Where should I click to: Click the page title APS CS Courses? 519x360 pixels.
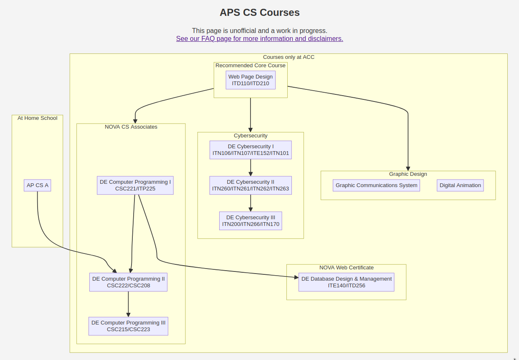coord(259,13)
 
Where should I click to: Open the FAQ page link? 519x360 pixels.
coord(259,39)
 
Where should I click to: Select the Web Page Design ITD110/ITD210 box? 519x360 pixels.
coord(251,80)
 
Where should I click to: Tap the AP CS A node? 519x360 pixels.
coord(38,185)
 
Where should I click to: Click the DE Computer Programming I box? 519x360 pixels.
coord(135,185)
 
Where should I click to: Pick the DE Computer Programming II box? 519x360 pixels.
coord(128,282)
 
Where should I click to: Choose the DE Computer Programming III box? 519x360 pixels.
coord(128,326)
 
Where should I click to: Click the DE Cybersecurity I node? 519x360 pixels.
coord(251,150)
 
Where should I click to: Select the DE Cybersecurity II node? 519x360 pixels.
coord(251,185)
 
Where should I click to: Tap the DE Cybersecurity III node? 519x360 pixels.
coord(251,221)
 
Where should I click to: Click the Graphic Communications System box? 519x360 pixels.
coord(376,185)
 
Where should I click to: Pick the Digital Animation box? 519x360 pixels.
coord(460,185)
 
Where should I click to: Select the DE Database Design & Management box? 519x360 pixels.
coord(346,282)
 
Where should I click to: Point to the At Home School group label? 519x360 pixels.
coord(38,118)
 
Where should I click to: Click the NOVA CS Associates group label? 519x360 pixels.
coord(131,127)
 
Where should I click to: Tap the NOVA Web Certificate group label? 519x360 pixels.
coord(346,268)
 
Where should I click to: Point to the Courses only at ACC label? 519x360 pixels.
coord(289,57)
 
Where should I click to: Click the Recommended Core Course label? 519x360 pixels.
coord(251,66)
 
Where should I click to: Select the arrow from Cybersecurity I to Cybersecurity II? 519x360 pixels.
coord(251,168)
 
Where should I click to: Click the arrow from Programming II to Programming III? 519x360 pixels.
coord(128,304)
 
